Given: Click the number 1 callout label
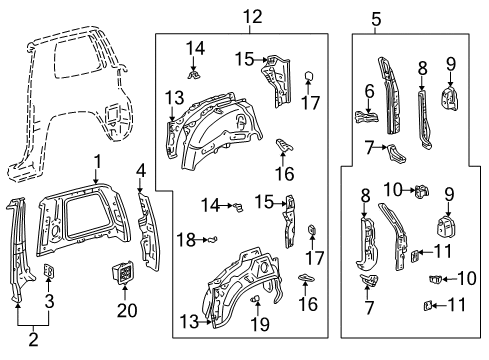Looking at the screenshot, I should [x=97, y=161].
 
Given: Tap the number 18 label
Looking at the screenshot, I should [x=184, y=239].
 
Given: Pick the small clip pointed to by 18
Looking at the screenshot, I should [x=213, y=239].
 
